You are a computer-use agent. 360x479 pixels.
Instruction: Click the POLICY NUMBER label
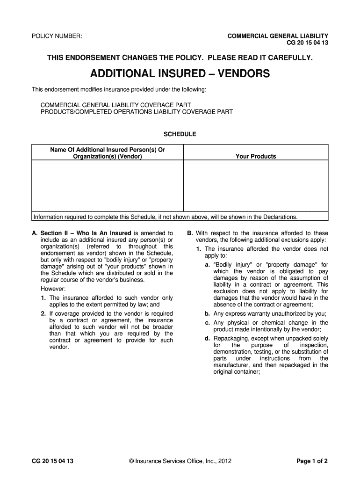pyautogui.click(x=57, y=36)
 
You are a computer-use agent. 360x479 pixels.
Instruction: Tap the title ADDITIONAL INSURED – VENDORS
pyautogui.click(x=180, y=74)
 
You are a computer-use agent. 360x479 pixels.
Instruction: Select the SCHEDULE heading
pyautogui.click(x=180, y=134)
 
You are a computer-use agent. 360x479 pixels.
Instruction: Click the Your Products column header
pyautogui.click(x=256, y=156)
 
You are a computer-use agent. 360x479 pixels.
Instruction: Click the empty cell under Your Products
pyautogui.click(x=256, y=186)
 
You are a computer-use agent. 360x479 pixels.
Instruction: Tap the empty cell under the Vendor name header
pyautogui.click(x=108, y=186)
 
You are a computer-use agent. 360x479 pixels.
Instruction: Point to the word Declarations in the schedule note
pyautogui.click(x=279, y=217)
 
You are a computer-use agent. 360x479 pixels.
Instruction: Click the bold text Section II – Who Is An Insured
pyautogui.click(x=86, y=233)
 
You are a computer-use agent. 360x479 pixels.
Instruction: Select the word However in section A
pyautogui.click(x=53, y=289)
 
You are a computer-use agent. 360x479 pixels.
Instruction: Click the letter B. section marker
pyautogui.click(x=190, y=233)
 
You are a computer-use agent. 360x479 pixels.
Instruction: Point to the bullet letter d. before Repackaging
pyautogui.click(x=207, y=338)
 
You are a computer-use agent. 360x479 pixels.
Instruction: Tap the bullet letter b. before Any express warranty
pyautogui.click(x=207, y=314)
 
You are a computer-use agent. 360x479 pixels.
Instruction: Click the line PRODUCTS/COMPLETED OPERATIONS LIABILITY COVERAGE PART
pyautogui.click(x=137, y=112)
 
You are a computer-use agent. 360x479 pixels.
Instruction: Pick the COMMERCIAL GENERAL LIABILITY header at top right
pyautogui.click(x=278, y=36)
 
